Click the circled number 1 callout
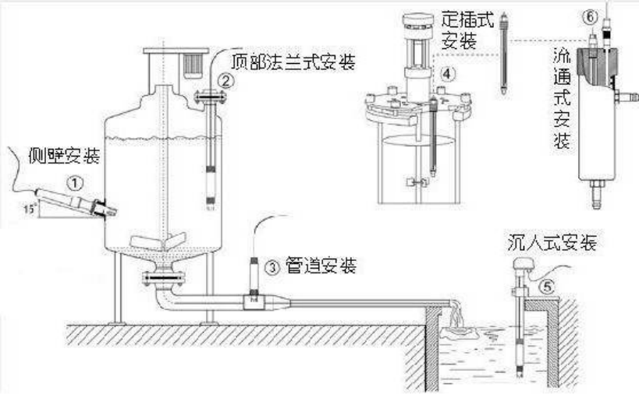[x=74, y=184]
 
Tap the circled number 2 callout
[x=225, y=79]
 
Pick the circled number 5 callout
[x=548, y=286]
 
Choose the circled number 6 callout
[x=590, y=16]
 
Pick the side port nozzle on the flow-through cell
[x=623, y=97]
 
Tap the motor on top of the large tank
[x=190, y=63]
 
